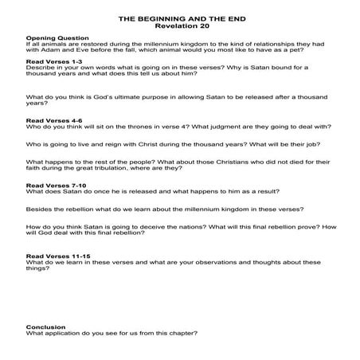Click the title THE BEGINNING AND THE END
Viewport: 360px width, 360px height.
(x=179, y=17)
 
